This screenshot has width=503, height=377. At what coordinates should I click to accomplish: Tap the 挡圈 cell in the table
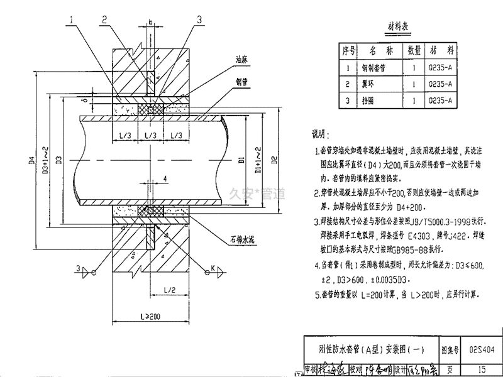[x=377, y=99]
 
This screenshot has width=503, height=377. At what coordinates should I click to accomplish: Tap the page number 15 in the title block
[x=482, y=369]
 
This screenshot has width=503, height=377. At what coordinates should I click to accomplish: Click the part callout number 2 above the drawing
[x=104, y=20]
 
